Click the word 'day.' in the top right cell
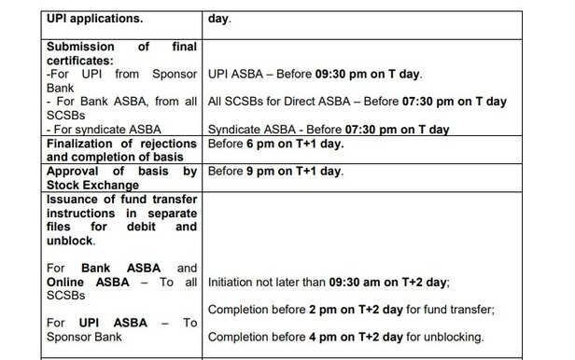[x=219, y=18]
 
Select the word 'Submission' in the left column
[x=82, y=47]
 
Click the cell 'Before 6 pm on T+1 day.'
[x=275, y=144]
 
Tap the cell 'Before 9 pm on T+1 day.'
[x=275, y=171]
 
